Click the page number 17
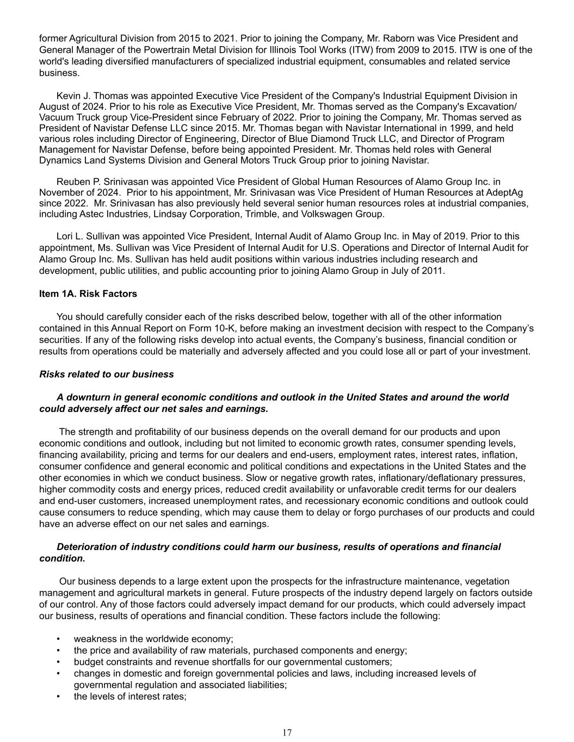click(x=287, y=732)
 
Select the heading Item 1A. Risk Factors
click(x=88, y=294)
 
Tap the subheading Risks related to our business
click(x=107, y=374)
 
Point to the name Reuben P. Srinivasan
click(x=98, y=182)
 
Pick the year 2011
click(x=433, y=270)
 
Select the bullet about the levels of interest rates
click(x=130, y=696)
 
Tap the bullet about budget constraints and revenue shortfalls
click(x=233, y=662)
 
